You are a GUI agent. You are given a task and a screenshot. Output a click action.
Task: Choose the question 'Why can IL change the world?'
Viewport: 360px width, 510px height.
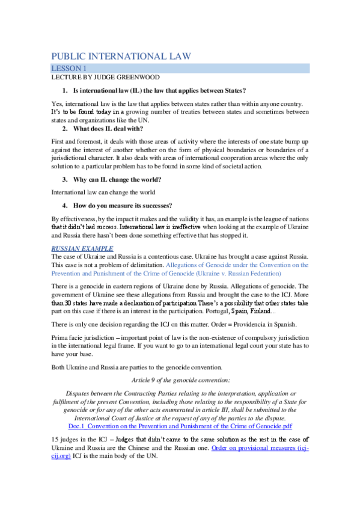click(117, 179)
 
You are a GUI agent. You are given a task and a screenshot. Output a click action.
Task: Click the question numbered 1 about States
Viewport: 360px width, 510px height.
click(159, 90)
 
